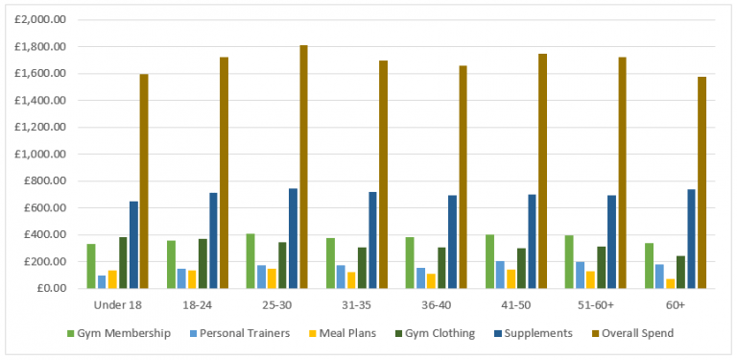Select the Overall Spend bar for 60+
click(x=701, y=182)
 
